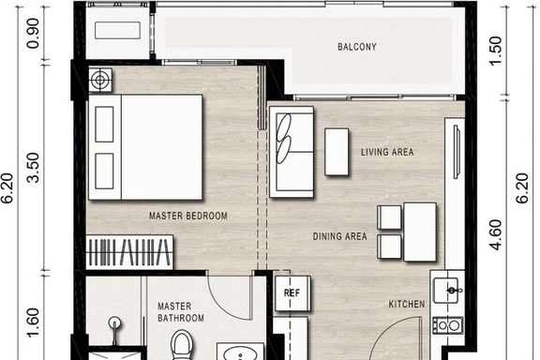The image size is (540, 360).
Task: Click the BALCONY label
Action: (357, 47)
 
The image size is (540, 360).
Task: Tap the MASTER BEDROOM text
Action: (188, 216)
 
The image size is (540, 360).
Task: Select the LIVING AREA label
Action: (387, 152)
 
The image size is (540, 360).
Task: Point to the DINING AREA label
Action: (340, 236)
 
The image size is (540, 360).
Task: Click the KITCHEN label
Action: (407, 304)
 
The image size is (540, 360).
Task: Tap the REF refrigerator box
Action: (292, 293)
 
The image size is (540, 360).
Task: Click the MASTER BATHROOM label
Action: (181, 312)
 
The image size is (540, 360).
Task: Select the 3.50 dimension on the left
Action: (34, 168)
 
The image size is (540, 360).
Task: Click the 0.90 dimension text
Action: (34, 33)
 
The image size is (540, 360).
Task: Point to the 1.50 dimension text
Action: (496, 51)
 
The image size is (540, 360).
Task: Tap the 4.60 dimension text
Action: (496, 234)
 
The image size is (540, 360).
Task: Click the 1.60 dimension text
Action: (34, 322)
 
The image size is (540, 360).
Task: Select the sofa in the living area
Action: (292, 152)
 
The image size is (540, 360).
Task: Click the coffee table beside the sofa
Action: (337, 152)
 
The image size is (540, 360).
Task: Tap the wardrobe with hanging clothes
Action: (129, 252)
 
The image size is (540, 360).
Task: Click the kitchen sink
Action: (446, 291)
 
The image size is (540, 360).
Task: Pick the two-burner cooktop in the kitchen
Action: (448, 325)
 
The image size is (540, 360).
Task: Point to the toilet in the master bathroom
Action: (182, 345)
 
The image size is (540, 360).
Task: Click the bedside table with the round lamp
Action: (100, 80)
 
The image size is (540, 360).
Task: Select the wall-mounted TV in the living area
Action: (457, 152)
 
